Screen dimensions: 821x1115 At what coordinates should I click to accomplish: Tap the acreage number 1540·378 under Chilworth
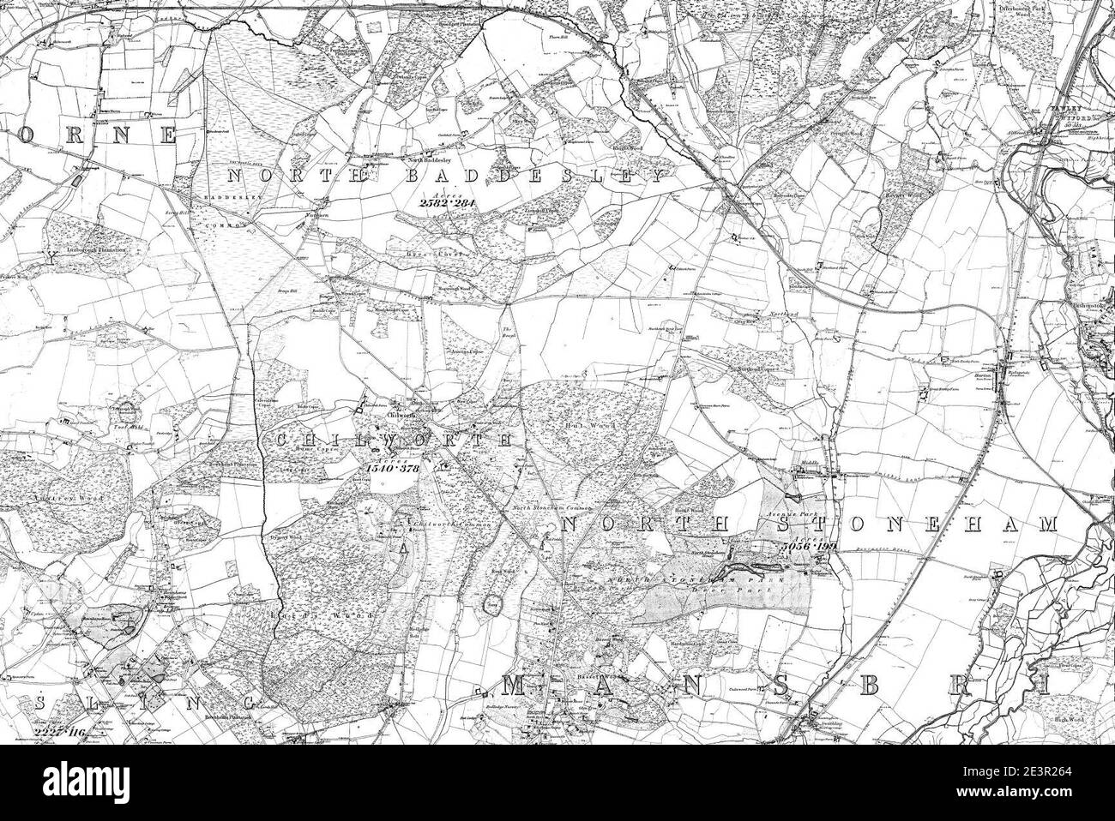tap(389, 467)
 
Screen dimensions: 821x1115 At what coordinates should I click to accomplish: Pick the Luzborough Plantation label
tap(86, 249)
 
